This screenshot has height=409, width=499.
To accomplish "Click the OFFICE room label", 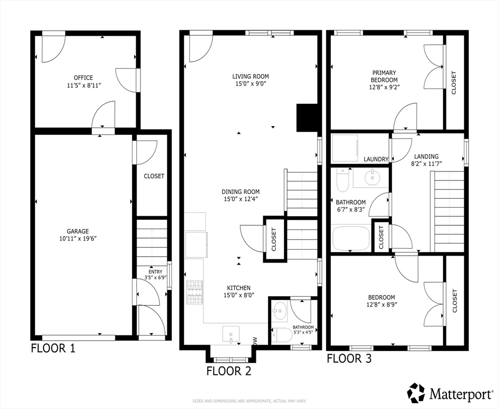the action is pos(84,78).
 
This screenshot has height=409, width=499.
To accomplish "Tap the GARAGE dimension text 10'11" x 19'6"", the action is pos(78,239).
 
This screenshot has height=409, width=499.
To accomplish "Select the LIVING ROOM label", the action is pos(251,77).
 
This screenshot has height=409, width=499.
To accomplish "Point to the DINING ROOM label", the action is pos(240,192).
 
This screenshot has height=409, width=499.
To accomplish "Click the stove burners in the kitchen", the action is pos(195,292).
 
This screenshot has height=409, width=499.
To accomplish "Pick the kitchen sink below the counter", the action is pos(231,334).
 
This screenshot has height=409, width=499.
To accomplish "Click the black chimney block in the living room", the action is pos(307,118).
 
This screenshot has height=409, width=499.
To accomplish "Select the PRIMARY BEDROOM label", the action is pos(384,77).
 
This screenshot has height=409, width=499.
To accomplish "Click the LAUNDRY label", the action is pos(376,159).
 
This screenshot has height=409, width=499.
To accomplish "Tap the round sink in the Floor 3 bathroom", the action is pos(371,177).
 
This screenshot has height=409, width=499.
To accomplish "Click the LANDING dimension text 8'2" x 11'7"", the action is pos(426,163).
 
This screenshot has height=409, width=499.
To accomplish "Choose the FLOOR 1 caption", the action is pos(53,348).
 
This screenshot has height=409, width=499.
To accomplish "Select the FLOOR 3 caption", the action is pos(349,358).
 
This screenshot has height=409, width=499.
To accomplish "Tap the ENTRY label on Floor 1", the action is pos(155,272).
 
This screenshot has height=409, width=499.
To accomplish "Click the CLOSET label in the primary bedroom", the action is pos(454,83).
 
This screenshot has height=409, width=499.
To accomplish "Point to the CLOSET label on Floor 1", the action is pos(154,176).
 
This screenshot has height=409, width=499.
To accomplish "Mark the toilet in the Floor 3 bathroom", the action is pos(343,180).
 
